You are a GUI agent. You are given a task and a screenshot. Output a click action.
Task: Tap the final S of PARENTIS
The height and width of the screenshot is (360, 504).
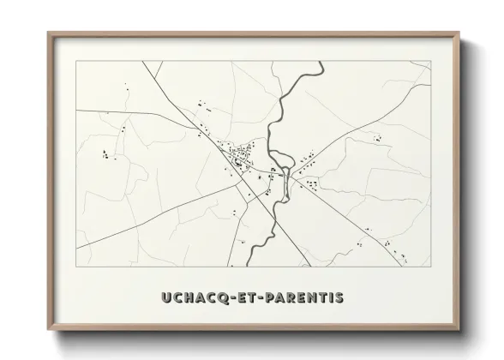coord(338,297)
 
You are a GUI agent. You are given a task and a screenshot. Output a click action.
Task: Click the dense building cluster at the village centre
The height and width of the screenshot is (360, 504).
coord(241,155)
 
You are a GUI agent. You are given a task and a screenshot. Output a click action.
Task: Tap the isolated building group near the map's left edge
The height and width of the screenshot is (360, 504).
coord(107,155)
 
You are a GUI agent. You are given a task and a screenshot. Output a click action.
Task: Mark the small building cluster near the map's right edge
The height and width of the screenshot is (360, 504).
coord(376,137)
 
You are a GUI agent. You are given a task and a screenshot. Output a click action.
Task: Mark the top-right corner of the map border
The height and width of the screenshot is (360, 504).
coord(430,62)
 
